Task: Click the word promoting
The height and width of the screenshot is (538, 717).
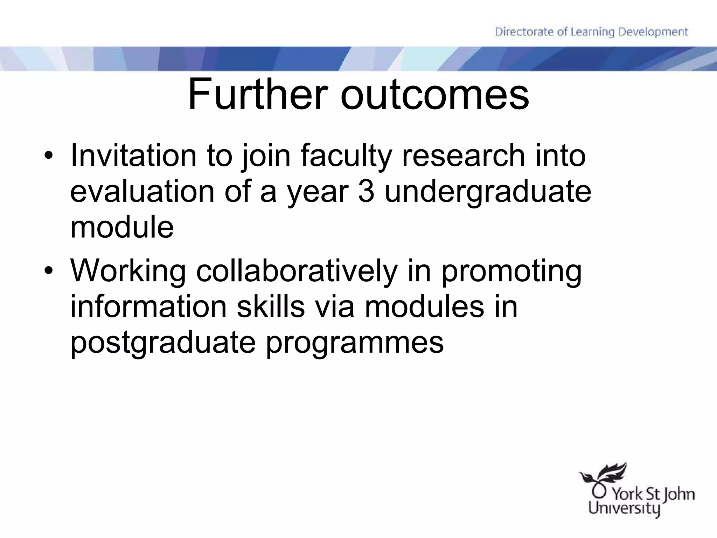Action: (x=511, y=272)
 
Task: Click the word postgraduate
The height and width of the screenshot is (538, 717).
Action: (x=163, y=343)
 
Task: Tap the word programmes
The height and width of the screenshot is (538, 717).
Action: (x=355, y=343)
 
